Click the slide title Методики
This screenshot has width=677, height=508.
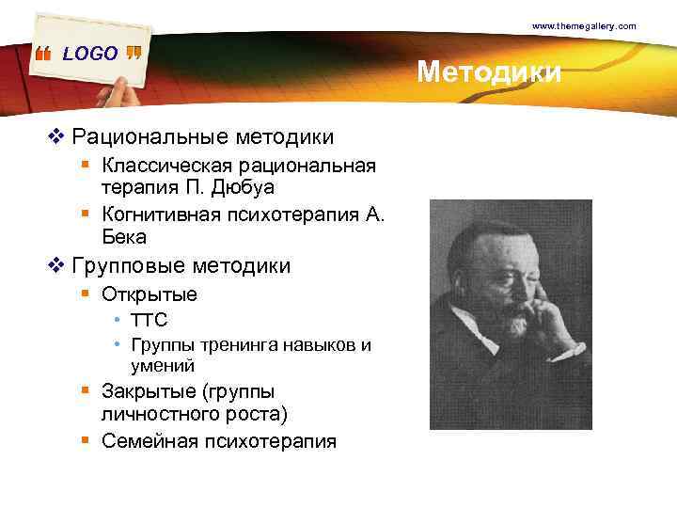pos(489,71)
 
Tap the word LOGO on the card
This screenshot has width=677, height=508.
pos(90,54)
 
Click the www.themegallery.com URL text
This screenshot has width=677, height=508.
pos(584,25)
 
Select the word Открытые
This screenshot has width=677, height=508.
pos(150,294)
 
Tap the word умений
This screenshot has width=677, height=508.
pos(163,365)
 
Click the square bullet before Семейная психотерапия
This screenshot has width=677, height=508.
pos(85,439)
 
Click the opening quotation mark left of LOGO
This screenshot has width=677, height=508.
pos(42,56)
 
